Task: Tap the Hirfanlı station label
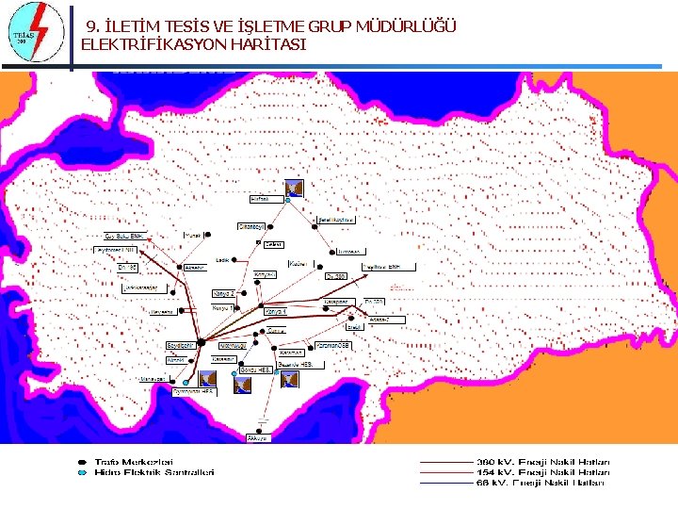pyautogui.click(x=260, y=199)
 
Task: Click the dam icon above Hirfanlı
pyautogui.click(x=294, y=188)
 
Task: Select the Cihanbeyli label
pyautogui.click(x=253, y=227)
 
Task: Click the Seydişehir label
pyautogui.click(x=181, y=346)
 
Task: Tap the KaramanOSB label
pyautogui.click(x=333, y=345)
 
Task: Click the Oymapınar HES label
pyautogui.click(x=194, y=390)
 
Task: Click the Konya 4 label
pyautogui.click(x=275, y=311)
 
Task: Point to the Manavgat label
pyautogui.click(x=153, y=379)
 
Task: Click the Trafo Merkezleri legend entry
pyautogui.click(x=133, y=461)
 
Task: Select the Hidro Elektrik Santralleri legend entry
pyautogui.click(x=153, y=471)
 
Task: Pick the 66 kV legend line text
pyautogui.click(x=554, y=482)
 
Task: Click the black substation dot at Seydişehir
pyautogui.click(x=201, y=341)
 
